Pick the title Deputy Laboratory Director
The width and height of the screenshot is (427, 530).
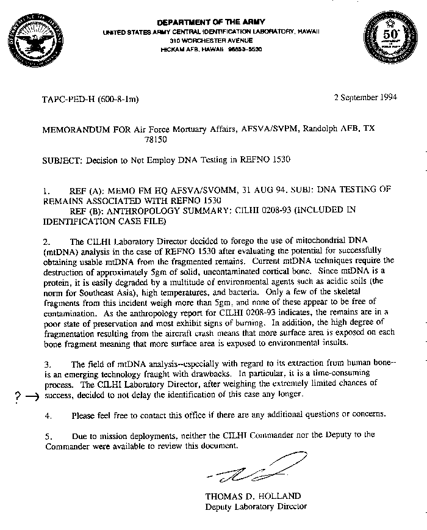(256, 506)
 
